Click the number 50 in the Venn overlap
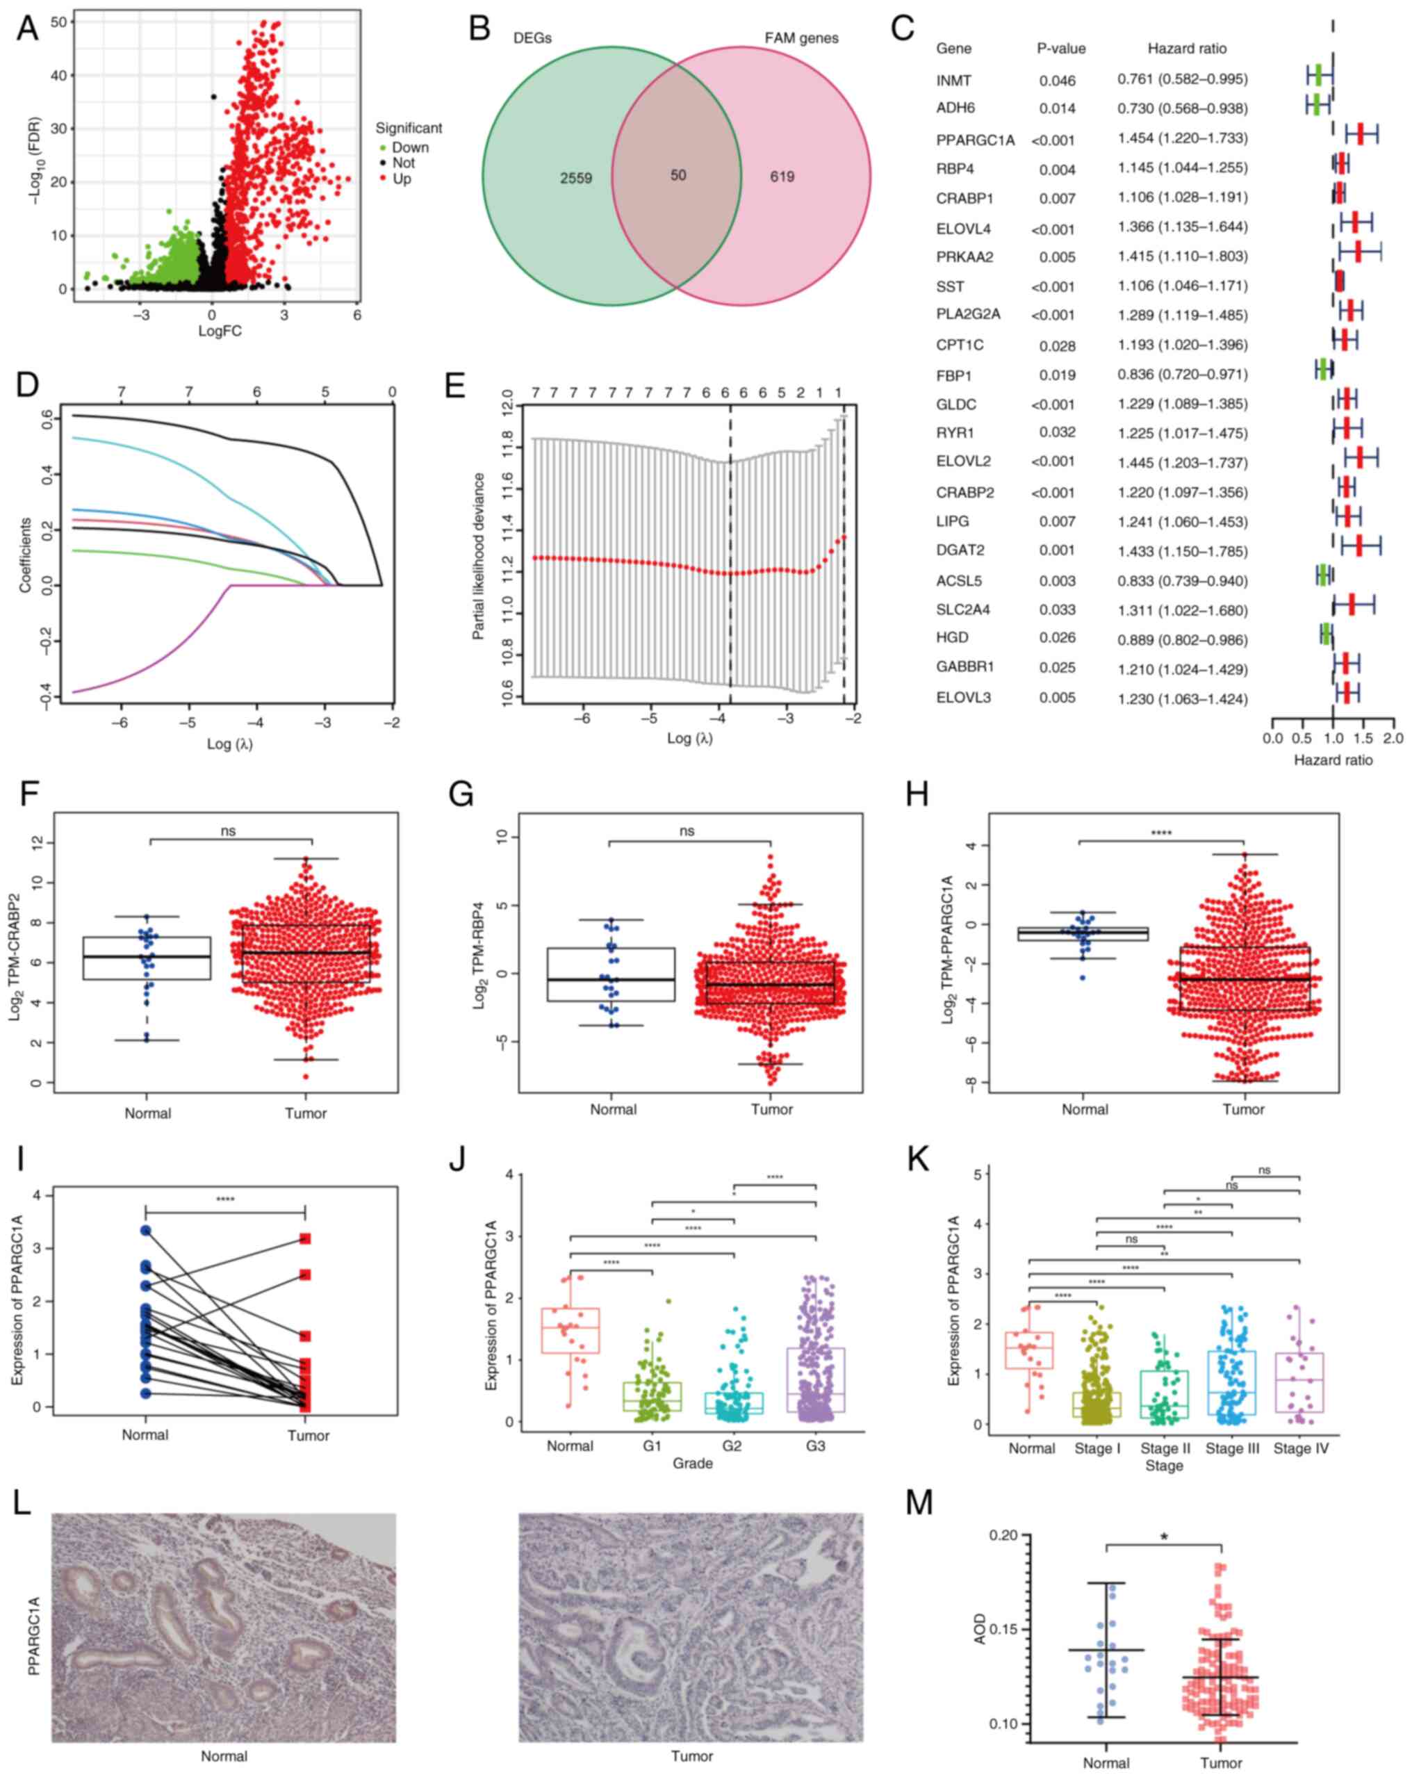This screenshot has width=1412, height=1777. [x=678, y=176]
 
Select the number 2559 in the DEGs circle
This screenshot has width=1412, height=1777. [x=575, y=178]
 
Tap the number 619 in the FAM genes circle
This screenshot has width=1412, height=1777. [x=782, y=177]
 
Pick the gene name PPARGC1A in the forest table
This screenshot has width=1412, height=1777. [x=975, y=140]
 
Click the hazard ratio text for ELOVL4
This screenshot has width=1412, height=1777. [x=1182, y=227]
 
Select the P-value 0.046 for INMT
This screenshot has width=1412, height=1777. [x=1057, y=81]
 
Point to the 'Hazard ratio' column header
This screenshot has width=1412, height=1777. [x=1186, y=49]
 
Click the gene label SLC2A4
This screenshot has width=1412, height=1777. [x=963, y=610]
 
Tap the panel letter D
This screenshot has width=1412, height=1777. [x=27, y=385]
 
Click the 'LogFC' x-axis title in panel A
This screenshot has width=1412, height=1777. [x=220, y=331]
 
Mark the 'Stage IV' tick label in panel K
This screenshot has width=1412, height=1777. [x=1300, y=1448]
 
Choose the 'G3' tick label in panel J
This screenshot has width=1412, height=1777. [x=814, y=1446]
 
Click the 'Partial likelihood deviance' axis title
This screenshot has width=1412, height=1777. [x=478, y=557]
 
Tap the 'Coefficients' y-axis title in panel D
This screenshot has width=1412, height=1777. [x=26, y=555]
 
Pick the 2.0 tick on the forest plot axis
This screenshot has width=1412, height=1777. [x=1393, y=739]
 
